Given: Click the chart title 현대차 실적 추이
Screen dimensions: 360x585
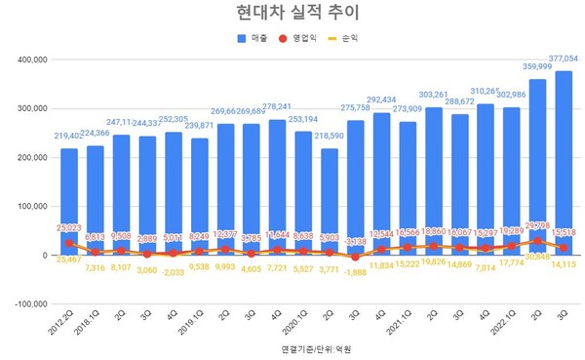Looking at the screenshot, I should point(292,13).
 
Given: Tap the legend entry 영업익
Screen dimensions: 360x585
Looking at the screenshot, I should point(306,39).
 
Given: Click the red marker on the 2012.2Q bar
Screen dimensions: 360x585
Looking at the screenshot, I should point(68,243).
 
